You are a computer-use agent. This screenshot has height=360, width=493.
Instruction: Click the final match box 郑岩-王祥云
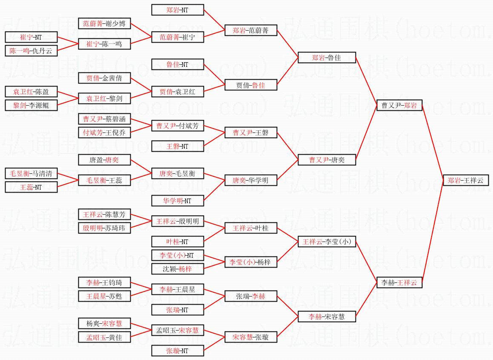tap(465, 180)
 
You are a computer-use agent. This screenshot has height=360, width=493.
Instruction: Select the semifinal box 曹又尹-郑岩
tap(399, 105)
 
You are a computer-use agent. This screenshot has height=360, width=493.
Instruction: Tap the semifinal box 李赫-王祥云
tap(399, 282)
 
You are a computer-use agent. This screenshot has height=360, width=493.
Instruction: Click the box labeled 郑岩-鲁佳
tap(326, 58)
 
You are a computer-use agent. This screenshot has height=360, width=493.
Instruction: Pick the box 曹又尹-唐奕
tap(326, 160)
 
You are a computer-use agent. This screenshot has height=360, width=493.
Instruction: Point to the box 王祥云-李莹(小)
tap(326, 242)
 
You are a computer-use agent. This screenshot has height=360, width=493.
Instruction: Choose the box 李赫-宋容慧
tap(326, 317)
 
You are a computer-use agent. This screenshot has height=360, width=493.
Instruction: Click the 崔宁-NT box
tap(31, 37)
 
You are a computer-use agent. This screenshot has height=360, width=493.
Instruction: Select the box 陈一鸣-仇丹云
tap(31, 51)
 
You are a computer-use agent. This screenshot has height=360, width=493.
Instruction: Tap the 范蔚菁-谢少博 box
tap(104, 23)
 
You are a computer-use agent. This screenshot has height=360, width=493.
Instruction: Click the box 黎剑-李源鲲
tap(31, 105)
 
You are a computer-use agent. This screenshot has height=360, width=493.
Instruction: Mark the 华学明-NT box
tap(178, 201)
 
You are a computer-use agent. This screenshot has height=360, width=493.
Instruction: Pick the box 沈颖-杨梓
tap(178, 269)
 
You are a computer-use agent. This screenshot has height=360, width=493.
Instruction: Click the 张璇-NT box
tap(178, 351)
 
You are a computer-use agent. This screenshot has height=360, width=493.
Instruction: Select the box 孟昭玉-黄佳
tap(104, 337)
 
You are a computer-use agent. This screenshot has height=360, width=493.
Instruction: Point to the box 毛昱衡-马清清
tap(31, 173)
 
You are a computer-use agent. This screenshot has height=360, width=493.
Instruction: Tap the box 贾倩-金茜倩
tap(104, 78)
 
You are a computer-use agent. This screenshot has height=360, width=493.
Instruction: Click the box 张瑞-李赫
tap(251, 296)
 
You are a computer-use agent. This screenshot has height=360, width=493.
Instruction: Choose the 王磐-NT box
tap(178, 146)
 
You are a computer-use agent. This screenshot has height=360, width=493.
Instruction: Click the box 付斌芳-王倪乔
tap(104, 132)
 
